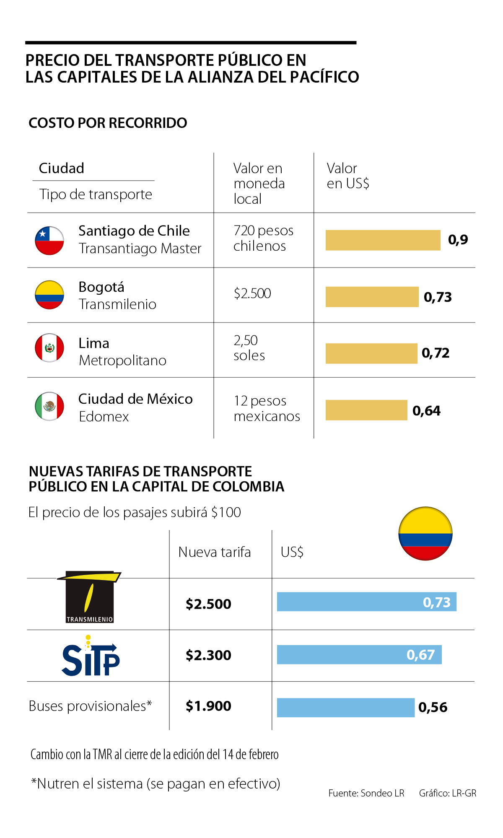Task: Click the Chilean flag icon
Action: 49,241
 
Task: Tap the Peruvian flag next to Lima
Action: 49,348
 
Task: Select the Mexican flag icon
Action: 49,406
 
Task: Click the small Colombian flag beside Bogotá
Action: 49,295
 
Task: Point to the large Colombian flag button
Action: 425,534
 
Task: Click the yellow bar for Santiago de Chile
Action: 383,240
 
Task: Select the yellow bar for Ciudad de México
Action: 366,410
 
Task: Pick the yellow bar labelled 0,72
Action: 371,353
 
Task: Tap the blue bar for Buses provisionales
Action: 345,708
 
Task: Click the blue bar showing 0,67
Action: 359,655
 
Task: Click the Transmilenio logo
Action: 90,597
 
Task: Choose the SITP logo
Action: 90,656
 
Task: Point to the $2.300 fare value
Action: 208,655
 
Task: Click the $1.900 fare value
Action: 208,706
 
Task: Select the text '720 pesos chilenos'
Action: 263,238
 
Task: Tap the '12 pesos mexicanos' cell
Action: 267,408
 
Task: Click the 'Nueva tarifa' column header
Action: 215,552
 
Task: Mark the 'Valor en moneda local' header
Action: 259,184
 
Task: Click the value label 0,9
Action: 458,240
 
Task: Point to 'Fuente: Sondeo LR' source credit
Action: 366,793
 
